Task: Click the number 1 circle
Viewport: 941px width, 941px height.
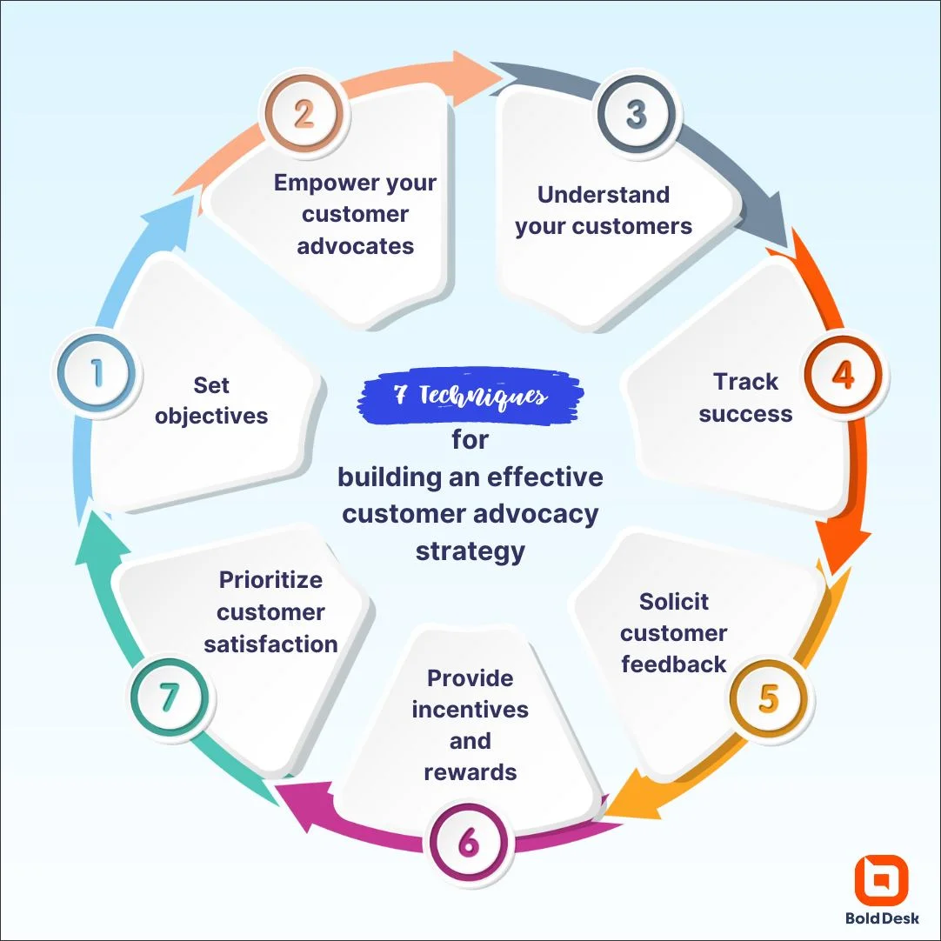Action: click(97, 375)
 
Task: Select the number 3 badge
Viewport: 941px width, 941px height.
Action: click(637, 115)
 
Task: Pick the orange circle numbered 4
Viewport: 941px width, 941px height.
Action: click(842, 375)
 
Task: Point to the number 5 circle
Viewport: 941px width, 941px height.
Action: click(768, 699)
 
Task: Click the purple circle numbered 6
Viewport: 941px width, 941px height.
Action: click(469, 843)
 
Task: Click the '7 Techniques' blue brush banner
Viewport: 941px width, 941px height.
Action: click(470, 398)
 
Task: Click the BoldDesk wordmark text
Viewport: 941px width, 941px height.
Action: click(881, 918)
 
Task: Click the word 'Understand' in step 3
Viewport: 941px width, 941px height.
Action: click(604, 194)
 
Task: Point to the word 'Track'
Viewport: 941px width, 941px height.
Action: click(745, 382)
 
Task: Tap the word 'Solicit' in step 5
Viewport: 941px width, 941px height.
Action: click(674, 602)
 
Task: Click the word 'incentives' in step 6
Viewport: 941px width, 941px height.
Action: click(470, 710)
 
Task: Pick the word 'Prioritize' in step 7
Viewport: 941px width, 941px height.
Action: click(270, 580)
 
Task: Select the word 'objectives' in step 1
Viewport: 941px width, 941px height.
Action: click(211, 416)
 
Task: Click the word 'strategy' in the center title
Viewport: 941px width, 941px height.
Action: click(470, 551)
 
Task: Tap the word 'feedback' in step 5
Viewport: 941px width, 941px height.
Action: click(674, 664)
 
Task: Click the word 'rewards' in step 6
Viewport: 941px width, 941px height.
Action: click(470, 772)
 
